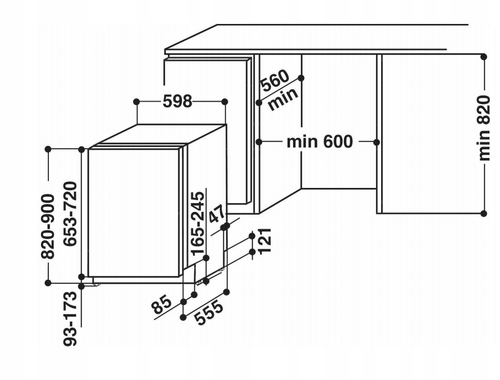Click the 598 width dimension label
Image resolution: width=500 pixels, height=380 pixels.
177,101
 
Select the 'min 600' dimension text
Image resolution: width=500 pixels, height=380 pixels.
319,141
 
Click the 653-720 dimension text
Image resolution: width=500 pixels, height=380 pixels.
70,214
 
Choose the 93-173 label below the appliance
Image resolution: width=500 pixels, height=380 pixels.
70,317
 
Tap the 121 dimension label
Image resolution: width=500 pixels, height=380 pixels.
264,240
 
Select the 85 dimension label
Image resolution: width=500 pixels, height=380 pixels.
162,305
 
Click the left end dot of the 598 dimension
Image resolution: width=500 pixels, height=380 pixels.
136,101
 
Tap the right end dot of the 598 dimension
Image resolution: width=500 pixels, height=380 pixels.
225,101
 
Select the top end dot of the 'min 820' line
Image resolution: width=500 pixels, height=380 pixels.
483,57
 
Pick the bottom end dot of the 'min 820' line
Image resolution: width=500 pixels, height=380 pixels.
483,213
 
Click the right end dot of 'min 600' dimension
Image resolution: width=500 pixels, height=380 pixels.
376,142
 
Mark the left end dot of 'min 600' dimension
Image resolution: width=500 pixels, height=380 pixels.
259,142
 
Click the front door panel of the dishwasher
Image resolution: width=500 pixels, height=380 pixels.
133,212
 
